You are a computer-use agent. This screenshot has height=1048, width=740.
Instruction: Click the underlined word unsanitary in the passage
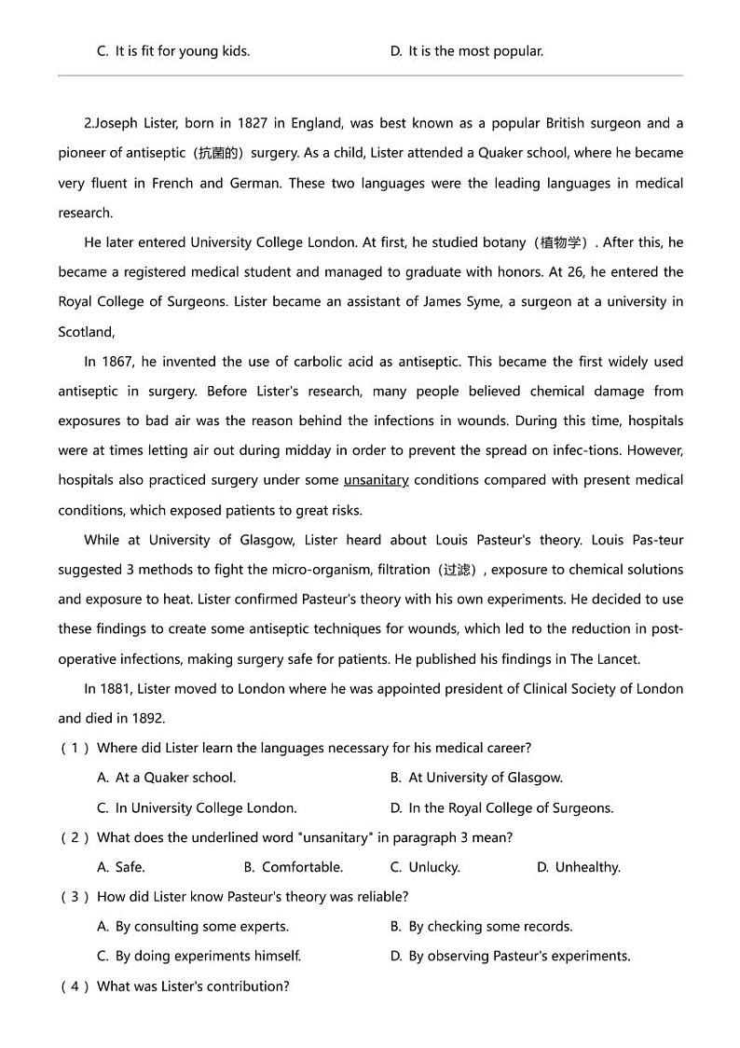coord(376,480)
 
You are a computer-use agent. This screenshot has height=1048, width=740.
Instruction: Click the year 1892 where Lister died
coord(148,719)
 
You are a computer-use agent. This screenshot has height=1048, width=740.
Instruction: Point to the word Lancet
coord(617,659)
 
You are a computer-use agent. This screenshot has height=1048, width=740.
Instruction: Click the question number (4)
coord(75,986)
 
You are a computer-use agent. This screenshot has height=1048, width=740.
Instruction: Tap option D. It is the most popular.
coord(466,51)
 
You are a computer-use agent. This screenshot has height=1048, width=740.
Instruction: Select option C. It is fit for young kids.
coord(173,51)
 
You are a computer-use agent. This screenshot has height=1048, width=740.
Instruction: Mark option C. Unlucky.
coord(425,867)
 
